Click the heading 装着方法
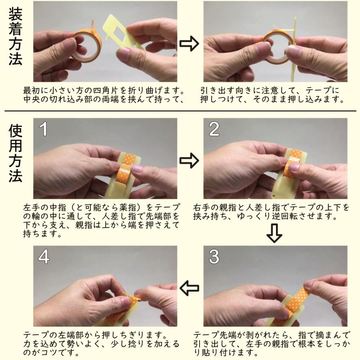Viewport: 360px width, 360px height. pos(15,36)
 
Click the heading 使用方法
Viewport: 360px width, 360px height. pos(15,153)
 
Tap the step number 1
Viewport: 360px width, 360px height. pos(43,129)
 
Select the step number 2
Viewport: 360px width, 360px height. pos(214,129)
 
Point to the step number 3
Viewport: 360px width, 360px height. pos(214,256)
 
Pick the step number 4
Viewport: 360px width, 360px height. pos(44,256)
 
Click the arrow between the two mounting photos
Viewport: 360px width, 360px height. pos(189,43)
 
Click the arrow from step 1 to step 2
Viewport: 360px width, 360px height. pos(189,160)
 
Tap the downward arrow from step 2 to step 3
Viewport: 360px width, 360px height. pos(274,233)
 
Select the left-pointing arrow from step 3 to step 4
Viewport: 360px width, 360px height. pos(189,288)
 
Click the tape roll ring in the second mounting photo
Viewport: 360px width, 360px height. pos(277,48)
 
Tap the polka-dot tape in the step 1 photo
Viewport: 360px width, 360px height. pos(125,170)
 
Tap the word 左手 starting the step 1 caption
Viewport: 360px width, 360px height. pos(32,208)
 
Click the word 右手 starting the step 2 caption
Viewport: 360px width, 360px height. pos(202,208)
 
